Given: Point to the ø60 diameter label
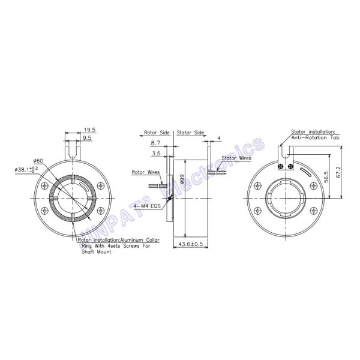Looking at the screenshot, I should (x=38, y=161).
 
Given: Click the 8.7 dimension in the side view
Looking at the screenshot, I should (x=155, y=144).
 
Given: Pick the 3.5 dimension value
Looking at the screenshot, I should (x=155, y=154).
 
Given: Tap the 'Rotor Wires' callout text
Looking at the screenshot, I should (x=145, y=172).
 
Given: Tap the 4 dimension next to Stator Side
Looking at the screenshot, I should (x=220, y=138).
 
